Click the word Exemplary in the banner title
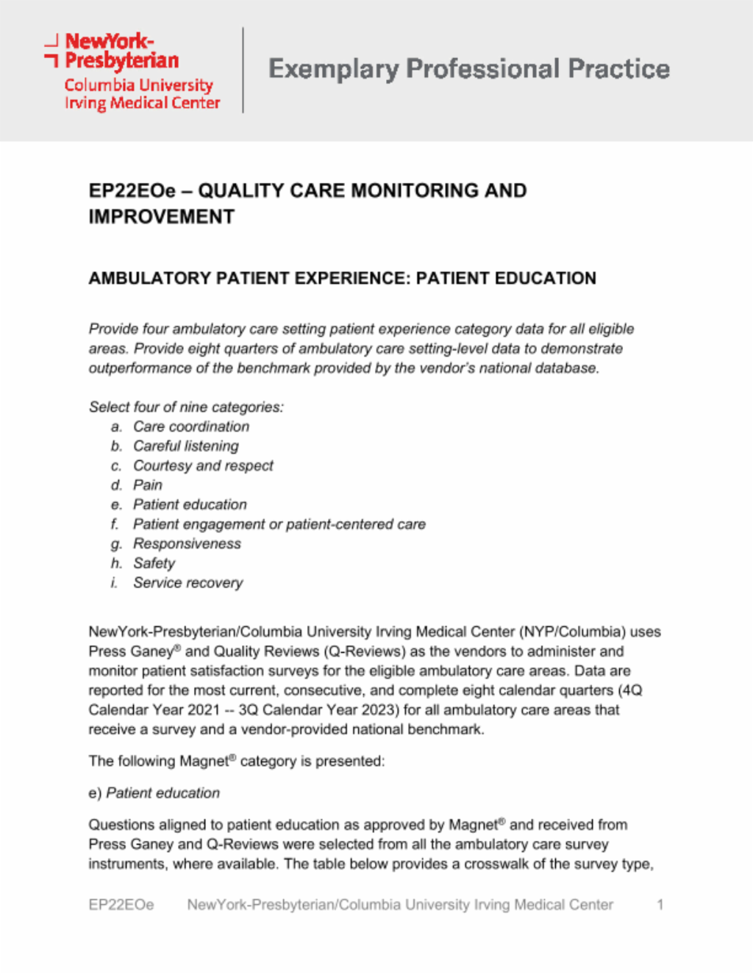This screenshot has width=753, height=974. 333,69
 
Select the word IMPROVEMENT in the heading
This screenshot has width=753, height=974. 162,217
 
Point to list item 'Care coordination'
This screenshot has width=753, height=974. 191,427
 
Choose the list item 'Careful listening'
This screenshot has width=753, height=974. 186,446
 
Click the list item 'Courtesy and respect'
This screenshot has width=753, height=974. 203,466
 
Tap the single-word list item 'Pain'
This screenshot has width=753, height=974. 148,485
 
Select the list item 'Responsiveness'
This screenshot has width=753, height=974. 187,544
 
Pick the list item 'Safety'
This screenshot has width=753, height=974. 154,564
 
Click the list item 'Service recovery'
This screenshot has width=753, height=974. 188,583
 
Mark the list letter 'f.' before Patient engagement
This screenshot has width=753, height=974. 115,525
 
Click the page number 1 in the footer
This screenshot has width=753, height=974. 660,905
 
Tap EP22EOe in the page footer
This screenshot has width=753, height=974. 121,905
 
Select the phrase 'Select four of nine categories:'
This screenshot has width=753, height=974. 186,407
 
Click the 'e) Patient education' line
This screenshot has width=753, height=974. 154,793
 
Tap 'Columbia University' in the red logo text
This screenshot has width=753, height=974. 138,85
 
